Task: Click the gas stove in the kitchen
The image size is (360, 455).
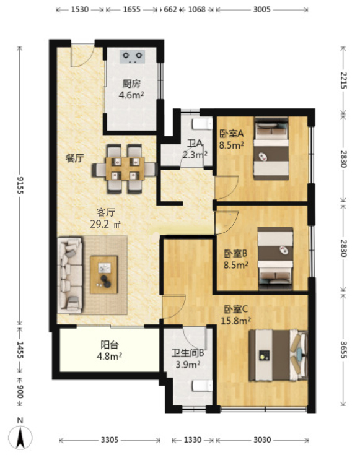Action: click(x=132, y=56)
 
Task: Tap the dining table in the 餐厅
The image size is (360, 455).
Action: click(x=125, y=168)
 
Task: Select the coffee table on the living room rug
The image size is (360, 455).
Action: click(x=103, y=274)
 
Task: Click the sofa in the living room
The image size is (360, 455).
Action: click(x=70, y=275)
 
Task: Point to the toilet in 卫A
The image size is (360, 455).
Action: click(x=203, y=124)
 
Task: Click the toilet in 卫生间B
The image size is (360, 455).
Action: click(x=203, y=386)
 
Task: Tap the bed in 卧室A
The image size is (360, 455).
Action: click(x=271, y=149)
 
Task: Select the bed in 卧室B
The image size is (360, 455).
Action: click(x=275, y=258)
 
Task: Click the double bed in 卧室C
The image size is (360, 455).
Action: click(x=278, y=355)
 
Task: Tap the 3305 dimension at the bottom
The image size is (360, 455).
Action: click(x=110, y=440)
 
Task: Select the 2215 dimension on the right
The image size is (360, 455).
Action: click(x=343, y=80)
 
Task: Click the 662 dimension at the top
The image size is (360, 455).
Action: click(x=170, y=9)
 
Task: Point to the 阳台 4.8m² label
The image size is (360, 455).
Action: click(x=109, y=350)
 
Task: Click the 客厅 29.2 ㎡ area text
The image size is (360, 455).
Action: click(x=105, y=218)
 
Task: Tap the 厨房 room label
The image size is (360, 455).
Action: click(x=131, y=84)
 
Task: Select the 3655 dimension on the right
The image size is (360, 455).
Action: click(x=343, y=349)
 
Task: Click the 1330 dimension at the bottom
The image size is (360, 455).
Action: click(x=193, y=440)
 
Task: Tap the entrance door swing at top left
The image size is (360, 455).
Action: click(x=83, y=56)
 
